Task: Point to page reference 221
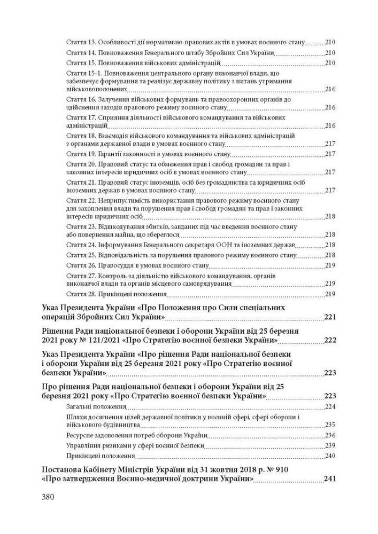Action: tap(329, 318)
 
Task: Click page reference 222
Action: tap(329, 340)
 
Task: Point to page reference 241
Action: tap(329, 479)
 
